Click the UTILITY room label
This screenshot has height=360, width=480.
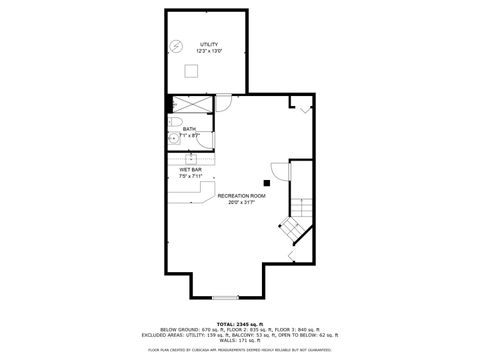[x=209, y=45]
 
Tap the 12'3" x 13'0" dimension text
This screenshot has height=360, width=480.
[x=209, y=51]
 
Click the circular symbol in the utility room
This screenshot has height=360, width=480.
[x=176, y=45]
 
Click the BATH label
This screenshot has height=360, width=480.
[x=189, y=128]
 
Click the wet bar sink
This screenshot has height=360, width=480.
[x=189, y=159]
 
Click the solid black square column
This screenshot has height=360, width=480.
[x=266, y=182]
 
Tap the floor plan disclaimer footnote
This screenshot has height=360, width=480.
[x=239, y=350]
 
